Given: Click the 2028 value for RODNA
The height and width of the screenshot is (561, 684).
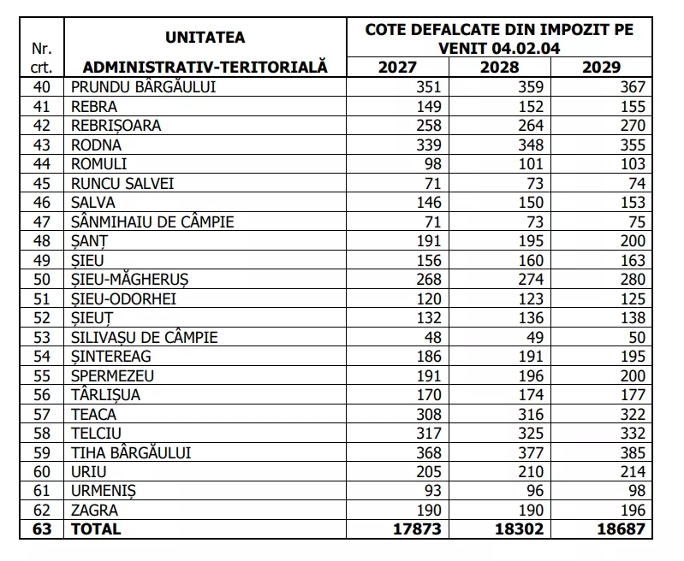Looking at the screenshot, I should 532,145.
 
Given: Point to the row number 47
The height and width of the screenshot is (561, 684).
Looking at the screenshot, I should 42,221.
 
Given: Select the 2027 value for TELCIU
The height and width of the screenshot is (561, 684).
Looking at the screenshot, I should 427,433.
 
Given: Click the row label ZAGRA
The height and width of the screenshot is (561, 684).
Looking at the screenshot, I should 94,510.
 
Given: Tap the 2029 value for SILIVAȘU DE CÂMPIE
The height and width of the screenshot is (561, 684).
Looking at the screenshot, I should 633,337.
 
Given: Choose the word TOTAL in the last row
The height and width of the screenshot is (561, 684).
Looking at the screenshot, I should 96,529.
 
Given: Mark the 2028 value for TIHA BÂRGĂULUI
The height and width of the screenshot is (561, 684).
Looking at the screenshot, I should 532,452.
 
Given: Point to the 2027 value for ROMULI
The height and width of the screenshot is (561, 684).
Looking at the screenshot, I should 432,163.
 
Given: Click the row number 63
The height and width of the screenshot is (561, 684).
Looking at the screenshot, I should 42,529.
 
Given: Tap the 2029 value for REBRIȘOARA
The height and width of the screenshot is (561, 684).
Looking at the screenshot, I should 629,125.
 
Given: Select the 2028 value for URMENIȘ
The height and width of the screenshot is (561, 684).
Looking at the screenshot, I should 537,491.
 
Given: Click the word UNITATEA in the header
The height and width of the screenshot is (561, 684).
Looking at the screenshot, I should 205,38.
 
